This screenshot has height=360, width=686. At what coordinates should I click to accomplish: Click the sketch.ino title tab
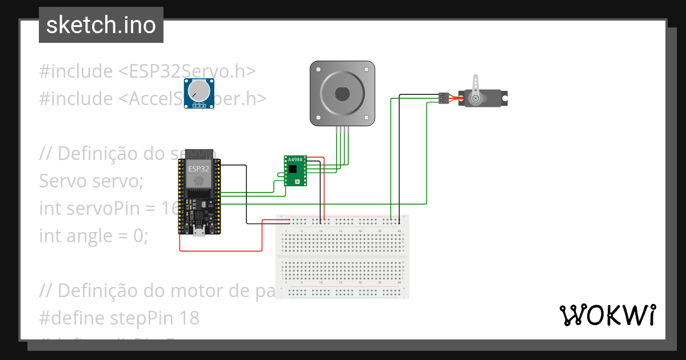[101, 25]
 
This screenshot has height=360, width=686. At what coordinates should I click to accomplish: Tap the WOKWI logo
[607, 315]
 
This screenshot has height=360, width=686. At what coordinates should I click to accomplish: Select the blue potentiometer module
[198, 94]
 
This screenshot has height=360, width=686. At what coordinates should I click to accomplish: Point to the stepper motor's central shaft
[342, 93]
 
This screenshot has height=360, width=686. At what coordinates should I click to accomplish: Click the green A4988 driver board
[295, 170]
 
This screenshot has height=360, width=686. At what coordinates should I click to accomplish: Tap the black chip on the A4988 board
[293, 169]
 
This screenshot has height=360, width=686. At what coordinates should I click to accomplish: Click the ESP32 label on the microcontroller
[198, 169]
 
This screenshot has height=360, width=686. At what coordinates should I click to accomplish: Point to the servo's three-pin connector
[442, 98]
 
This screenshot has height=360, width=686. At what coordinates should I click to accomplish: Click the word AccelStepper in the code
[223, 99]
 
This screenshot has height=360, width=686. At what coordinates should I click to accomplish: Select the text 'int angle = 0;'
[93, 235]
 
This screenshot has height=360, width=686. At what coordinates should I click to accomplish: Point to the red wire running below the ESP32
[220, 250]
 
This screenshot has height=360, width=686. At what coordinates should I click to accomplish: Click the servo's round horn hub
[474, 98]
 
